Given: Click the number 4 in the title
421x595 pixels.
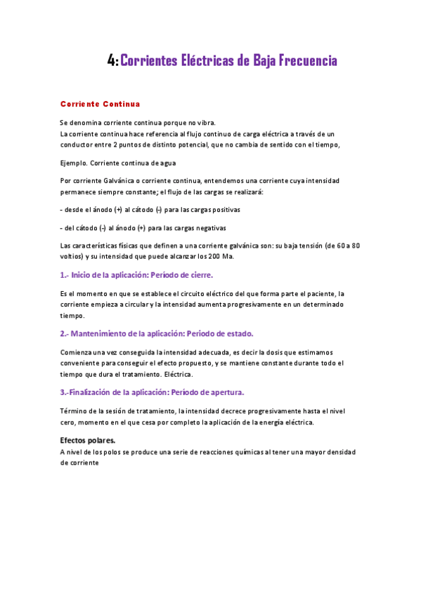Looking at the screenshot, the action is pyautogui.click(x=112, y=61).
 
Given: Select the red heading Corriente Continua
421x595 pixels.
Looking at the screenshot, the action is pyautogui.click(x=100, y=104).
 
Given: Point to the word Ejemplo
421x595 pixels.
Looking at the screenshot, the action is pyautogui.click(x=73, y=163).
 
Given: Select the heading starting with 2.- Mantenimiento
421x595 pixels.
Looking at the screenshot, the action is pyautogui.click(x=156, y=333).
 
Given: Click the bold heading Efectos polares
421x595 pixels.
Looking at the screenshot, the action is pyautogui.click(x=87, y=441).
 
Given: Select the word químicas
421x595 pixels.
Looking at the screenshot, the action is pyautogui.click(x=241, y=452).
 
